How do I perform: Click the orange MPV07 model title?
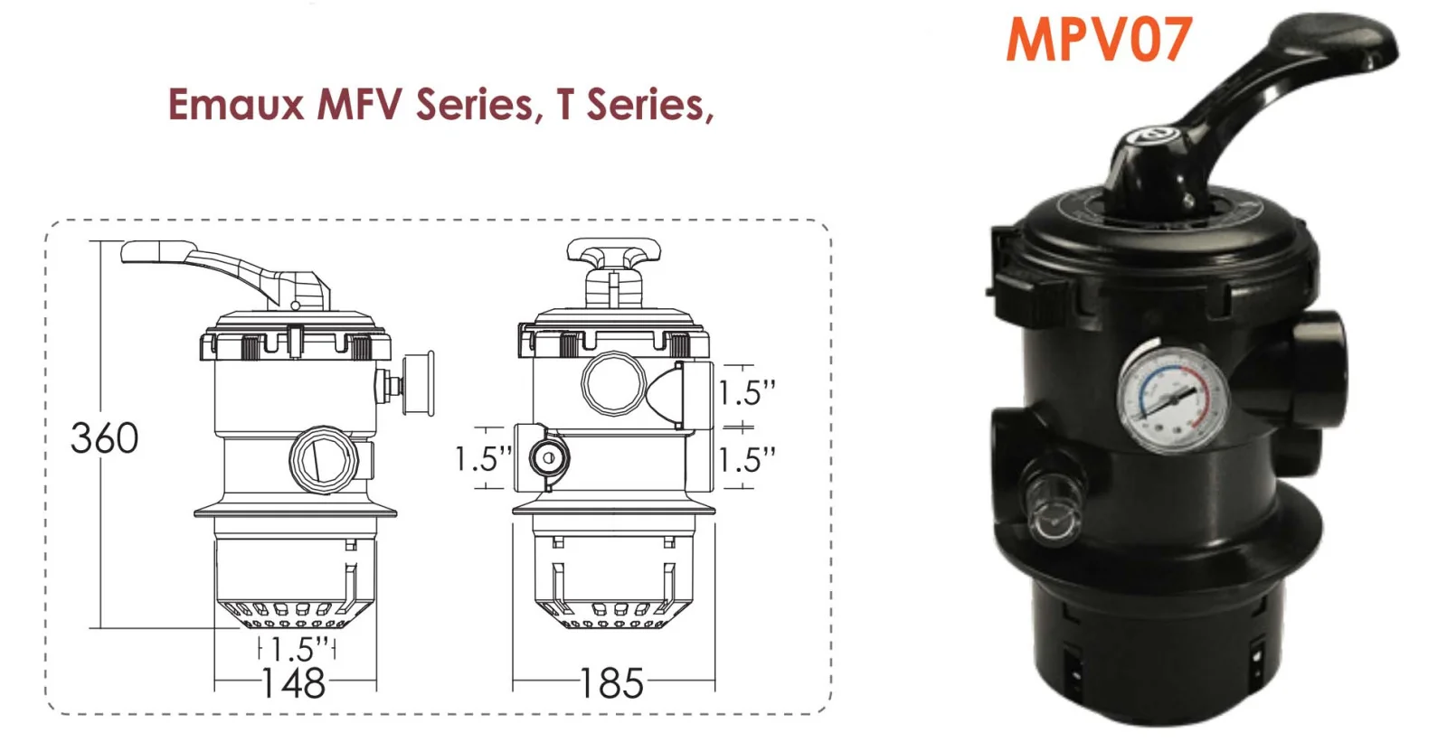(x=1099, y=40)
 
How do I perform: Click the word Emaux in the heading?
(x=235, y=104)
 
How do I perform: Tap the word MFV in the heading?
(x=359, y=104)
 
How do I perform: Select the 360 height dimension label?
(x=105, y=438)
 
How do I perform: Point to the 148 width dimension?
(x=293, y=683)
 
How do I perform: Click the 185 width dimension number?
(x=611, y=683)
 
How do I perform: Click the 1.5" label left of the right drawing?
(x=482, y=458)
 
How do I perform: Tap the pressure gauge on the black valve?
(x=1174, y=399)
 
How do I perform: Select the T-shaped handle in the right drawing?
(x=613, y=258)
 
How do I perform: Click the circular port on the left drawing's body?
(x=323, y=459)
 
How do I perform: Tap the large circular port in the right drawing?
(x=613, y=383)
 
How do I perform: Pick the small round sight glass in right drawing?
(x=546, y=458)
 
